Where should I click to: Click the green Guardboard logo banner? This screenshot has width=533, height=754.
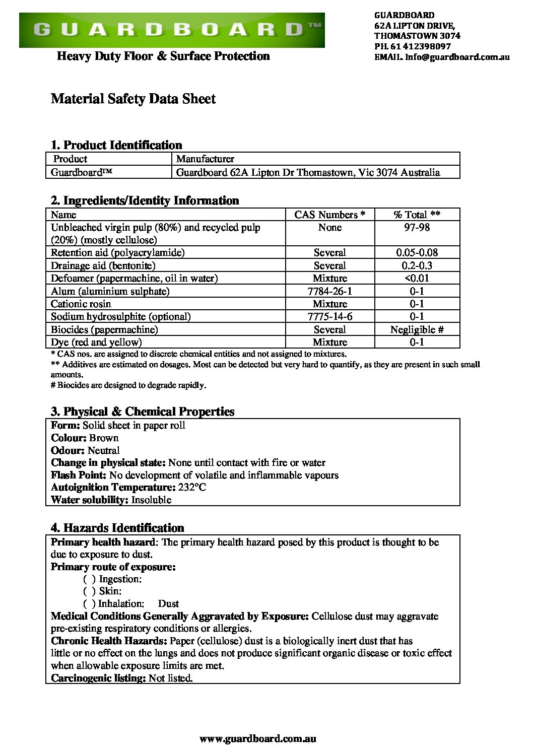171,30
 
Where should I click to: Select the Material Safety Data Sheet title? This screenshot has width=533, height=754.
133,99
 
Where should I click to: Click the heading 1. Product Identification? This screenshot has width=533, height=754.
116,145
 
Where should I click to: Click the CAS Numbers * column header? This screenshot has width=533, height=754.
329,215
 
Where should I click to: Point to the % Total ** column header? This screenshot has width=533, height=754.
417,215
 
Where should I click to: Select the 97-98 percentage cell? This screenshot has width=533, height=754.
417,228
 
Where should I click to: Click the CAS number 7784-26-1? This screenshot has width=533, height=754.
329,291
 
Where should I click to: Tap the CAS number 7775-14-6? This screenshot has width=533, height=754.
329,316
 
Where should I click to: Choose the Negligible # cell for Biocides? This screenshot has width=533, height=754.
417,329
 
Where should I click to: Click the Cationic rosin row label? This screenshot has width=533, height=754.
81,304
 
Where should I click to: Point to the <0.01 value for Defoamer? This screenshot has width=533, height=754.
417,278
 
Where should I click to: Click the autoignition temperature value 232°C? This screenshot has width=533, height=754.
192,488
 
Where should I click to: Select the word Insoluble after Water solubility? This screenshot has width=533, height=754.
151,500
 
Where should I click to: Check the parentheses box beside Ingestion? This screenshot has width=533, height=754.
90,579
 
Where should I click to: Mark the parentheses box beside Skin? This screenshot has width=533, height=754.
90,591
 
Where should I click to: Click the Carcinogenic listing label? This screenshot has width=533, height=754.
98,678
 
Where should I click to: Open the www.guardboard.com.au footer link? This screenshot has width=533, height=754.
258,739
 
